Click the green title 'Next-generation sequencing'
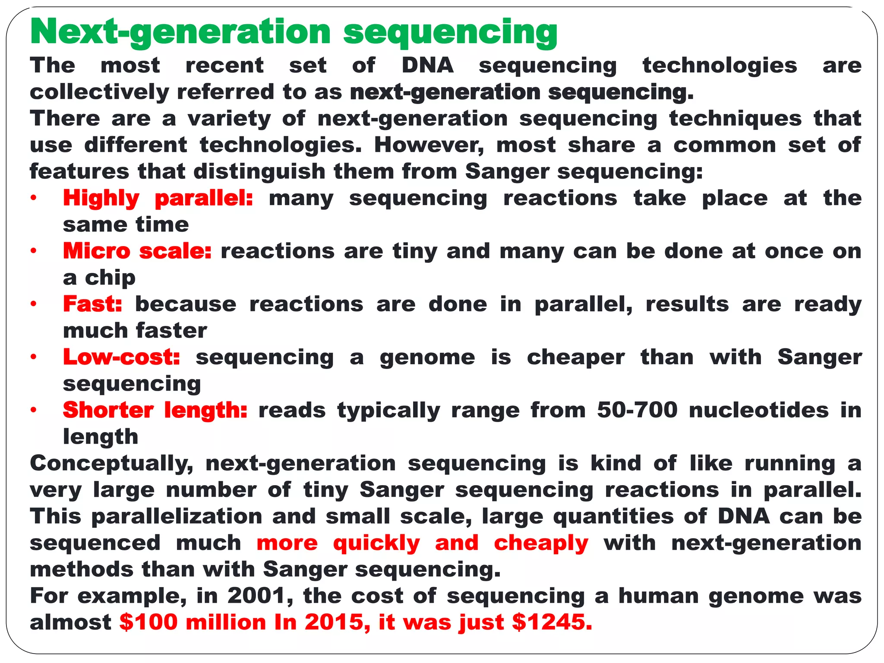pos(294,32)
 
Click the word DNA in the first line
pos(427,66)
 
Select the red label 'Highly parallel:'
pos(158,199)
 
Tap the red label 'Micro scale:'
pos(137,251)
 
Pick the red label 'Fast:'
pos(93,304)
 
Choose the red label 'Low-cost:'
pos(121,357)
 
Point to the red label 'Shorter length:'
pos(155,410)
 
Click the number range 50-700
pos(637,410)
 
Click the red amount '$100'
pos(148,622)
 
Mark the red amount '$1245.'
pos(552,622)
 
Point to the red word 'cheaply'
pos(541,543)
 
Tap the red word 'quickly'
pos(376,543)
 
